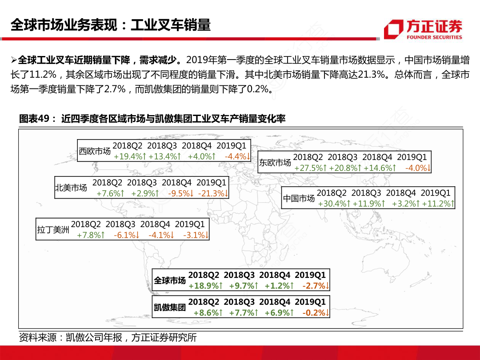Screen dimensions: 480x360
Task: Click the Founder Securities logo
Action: (423, 29)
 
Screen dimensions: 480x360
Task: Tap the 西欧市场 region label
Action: (95, 151)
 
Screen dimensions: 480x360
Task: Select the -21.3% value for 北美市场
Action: (213, 193)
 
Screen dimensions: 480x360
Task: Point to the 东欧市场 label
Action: (275, 162)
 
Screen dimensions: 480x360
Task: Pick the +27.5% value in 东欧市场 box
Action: (310, 168)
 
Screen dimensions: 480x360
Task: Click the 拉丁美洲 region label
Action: (53, 229)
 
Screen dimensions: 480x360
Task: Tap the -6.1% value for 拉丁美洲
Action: (127, 235)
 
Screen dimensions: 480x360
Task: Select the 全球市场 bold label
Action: (170, 280)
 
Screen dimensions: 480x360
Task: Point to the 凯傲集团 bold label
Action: (170, 307)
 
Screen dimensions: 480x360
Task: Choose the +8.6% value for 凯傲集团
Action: (208, 313)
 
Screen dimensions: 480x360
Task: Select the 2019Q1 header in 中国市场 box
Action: (436, 193)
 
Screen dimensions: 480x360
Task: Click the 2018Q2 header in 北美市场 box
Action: (107, 183)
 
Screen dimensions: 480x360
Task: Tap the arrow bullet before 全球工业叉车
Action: (14, 60)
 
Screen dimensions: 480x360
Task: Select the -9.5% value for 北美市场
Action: (180, 193)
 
